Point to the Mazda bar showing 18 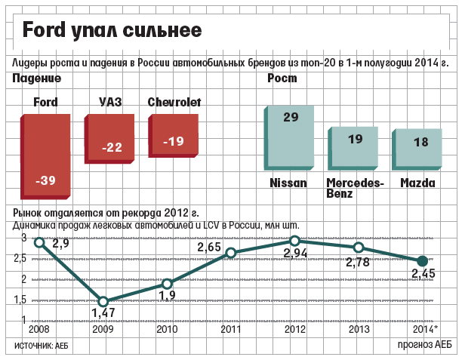(420, 152)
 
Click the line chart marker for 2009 (103, 301)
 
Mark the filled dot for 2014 (423, 260)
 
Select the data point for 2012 (295, 241)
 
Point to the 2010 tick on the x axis (167, 331)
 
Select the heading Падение (36, 78)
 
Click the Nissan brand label (288, 183)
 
